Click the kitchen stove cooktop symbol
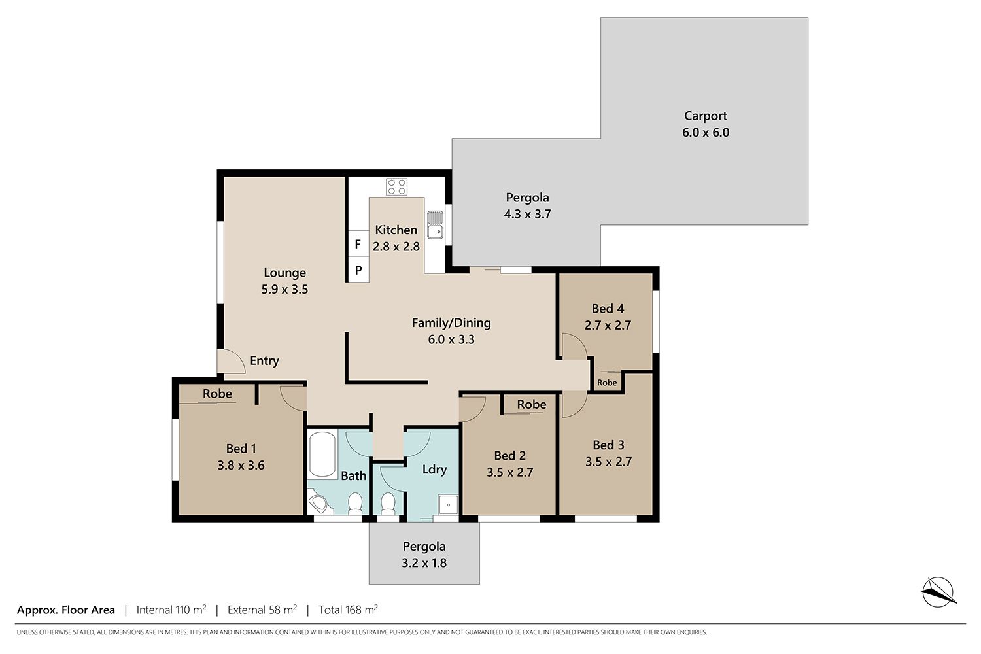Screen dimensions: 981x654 coord(396,186)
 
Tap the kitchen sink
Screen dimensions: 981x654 coord(436,225)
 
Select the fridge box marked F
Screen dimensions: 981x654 coord(358,244)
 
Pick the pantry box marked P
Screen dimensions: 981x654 coord(358,269)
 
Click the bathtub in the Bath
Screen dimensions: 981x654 coord(322,455)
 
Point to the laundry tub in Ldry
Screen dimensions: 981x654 coord(449,505)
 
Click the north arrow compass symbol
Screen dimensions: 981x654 coord(938,592)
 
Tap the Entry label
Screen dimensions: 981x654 coord(264,360)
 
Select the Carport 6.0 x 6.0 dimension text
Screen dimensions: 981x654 coord(706,132)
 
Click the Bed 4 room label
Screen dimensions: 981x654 coord(608,309)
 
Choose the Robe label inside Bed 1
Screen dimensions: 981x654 coord(217,393)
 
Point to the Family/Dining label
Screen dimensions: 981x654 coord(451,323)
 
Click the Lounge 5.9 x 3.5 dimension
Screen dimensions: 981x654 coord(284,289)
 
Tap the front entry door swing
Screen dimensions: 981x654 coord(232,362)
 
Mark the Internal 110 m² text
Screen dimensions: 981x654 coord(171,610)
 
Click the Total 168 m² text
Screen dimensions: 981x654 coord(348,610)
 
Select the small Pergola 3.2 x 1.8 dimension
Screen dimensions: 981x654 coord(424,562)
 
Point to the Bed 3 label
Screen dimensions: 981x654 coord(608,445)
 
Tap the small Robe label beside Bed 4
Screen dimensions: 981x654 coord(607,383)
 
